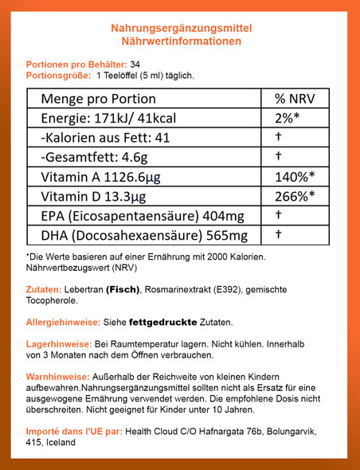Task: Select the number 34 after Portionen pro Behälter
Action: coord(135,64)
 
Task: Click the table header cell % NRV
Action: coord(291,100)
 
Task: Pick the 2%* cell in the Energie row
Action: coord(288,119)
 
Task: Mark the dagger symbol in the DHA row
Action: coord(279,234)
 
